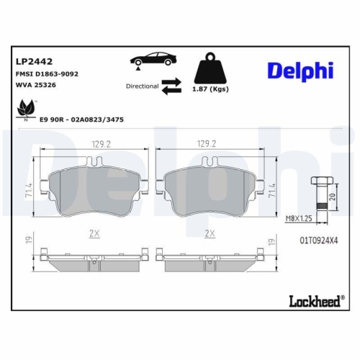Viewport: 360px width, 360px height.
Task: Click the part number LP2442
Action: pyautogui.click(x=32, y=60)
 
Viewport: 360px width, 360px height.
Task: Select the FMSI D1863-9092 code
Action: pyautogui.click(x=47, y=73)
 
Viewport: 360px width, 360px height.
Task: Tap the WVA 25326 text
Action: pyautogui.click(x=36, y=85)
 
